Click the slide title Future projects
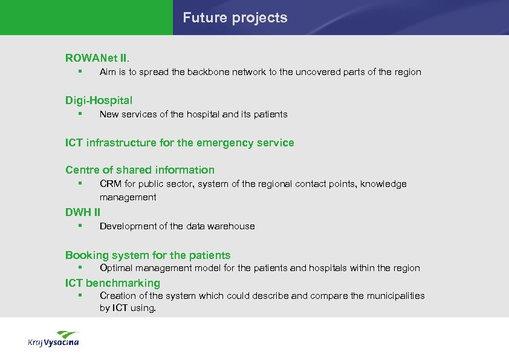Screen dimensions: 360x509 pos(235,18)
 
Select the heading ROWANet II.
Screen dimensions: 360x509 pos(97,58)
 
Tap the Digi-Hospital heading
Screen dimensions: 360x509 pos(99,100)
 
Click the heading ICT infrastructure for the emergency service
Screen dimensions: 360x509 pos(180,143)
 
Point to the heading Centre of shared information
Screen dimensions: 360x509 pos(140,170)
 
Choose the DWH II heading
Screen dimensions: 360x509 pos(83,212)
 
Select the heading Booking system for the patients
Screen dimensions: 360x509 pos(148,255)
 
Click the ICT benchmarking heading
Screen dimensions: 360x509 pos(112,283)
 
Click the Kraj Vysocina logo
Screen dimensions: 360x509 pos(54,339)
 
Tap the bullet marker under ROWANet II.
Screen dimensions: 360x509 pos(79,71)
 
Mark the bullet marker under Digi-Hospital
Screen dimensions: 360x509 pos(79,114)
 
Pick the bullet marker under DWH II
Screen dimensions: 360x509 pos(79,226)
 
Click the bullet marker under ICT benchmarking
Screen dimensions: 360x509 pos(79,295)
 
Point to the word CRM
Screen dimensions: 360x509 pos(109,184)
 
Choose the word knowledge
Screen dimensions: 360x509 pos(383,184)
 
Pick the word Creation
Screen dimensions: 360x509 pos(116,296)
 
